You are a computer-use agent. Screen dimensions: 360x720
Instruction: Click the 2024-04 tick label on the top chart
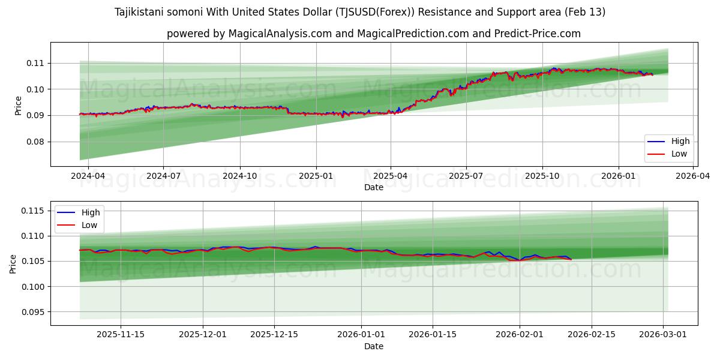(x=88, y=176)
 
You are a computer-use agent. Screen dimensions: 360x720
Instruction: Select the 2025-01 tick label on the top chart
(x=316, y=176)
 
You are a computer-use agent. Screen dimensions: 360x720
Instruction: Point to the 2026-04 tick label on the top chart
(x=694, y=176)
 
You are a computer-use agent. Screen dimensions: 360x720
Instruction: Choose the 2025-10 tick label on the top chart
(x=542, y=176)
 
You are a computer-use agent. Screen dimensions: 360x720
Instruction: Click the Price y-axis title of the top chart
(x=18, y=106)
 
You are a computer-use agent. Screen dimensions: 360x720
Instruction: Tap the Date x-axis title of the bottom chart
(x=373, y=346)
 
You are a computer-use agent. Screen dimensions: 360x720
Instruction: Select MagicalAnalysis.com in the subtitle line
(x=280, y=34)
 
